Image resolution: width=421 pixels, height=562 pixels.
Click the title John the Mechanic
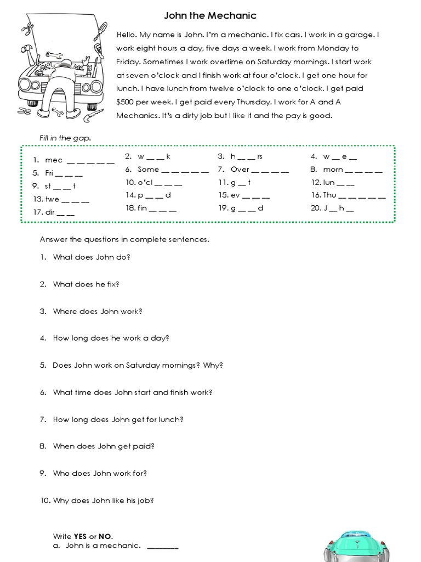(x=210, y=16)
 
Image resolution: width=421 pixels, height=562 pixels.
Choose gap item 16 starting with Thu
(x=348, y=195)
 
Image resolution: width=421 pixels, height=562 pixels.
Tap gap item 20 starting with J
(x=338, y=209)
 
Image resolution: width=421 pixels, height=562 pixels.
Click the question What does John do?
(x=92, y=257)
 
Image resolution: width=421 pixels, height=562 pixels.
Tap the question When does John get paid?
(x=104, y=446)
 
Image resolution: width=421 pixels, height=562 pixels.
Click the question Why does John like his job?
(x=103, y=501)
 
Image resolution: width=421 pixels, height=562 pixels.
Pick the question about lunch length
(x=118, y=419)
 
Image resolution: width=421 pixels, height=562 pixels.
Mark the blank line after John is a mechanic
(x=163, y=547)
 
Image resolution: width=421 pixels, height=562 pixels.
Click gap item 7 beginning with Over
(x=253, y=170)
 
